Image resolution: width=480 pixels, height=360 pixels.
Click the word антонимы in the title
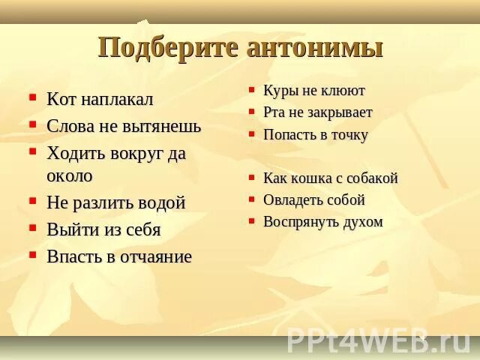[314, 47]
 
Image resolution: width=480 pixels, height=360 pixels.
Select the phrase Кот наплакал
[100, 99]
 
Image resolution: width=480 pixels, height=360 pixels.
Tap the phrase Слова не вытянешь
[124, 126]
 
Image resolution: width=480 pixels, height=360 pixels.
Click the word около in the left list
[70, 176]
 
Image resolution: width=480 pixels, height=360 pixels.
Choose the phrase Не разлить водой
[116, 202]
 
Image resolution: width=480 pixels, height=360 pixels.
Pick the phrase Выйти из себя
[103, 229]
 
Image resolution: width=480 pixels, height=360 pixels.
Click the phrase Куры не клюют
[313, 91]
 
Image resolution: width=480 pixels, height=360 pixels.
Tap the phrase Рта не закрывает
[317, 112]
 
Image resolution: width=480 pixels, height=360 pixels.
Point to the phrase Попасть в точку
[315, 135]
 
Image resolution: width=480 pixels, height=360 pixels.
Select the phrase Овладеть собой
[313, 200]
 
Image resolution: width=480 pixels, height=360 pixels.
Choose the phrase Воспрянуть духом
[322, 222]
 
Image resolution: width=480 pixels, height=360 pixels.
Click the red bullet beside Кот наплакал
[32, 97]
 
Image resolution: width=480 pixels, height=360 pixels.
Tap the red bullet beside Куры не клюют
[253, 90]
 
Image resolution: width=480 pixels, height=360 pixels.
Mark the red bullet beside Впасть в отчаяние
[32, 255]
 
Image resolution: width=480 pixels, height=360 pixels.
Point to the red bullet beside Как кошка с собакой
[253, 178]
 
